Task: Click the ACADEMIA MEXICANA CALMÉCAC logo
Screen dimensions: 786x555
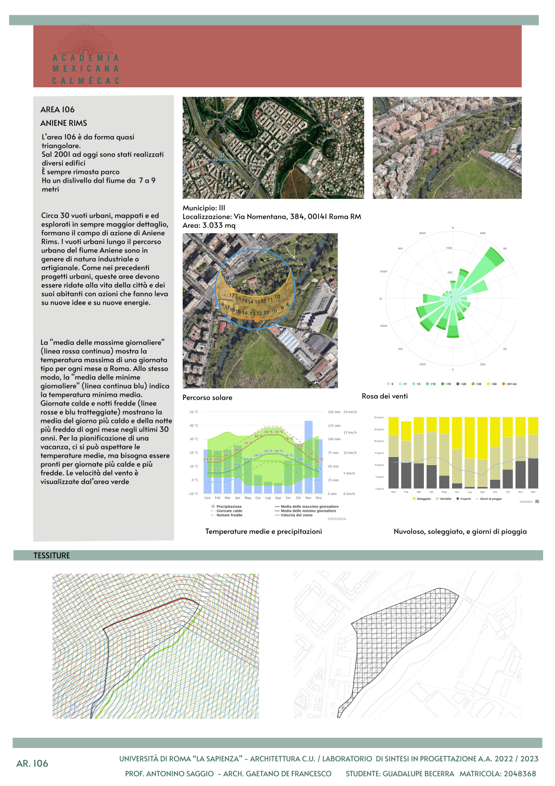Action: [86, 57]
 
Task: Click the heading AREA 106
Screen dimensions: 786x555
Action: [57, 109]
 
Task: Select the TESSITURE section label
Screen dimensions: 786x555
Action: [51, 556]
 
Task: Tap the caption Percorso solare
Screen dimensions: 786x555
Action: [207, 397]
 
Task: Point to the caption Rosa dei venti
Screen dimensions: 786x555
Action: [385, 396]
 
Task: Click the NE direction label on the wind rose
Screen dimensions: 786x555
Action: [505, 249]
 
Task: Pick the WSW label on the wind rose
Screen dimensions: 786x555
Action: [384, 326]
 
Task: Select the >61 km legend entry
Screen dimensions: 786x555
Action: [510, 384]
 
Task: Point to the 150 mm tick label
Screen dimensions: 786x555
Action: [334, 412]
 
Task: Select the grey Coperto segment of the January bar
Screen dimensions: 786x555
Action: [393, 473]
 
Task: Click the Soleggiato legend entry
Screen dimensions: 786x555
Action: [422, 499]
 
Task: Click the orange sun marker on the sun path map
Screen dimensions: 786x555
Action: [257, 319]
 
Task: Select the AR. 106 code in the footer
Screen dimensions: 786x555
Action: [33, 763]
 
